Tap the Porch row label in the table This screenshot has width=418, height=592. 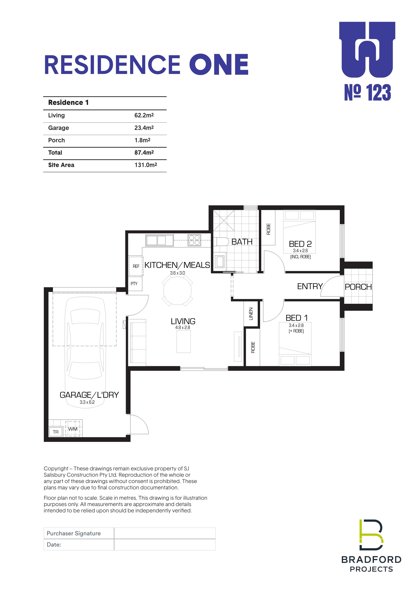pyautogui.click(x=56, y=140)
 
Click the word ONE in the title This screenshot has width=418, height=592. pyautogui.click(x=219, y=64)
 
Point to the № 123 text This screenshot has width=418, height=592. pyautogui.click(x=368, y=92)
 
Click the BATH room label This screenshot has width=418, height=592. pyautogui.click(x=242, y=242)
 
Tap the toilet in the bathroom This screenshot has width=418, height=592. pyautogui.click(x=221, y=242)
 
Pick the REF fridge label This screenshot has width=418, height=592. pyautogui.click(x=136, y=266)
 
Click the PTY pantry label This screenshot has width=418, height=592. pyautogui.click(x=134, y=284)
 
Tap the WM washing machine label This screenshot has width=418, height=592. pyautogui.click(x=73, y=429)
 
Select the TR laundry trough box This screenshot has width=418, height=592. pyautogui.click(x=56, y=432)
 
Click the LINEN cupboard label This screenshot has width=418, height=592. pyautogui.click(x=251, y=314)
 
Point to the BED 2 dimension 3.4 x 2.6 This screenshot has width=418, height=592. pyautogui.click(x=300, y=250)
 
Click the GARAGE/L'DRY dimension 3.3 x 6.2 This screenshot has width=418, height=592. pyautogui.click(x=87, y=402)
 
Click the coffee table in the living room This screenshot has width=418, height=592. pyautogui.click(x=183, y=341)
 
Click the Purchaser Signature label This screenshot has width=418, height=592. pyautogui.click(x=74, y=533)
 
